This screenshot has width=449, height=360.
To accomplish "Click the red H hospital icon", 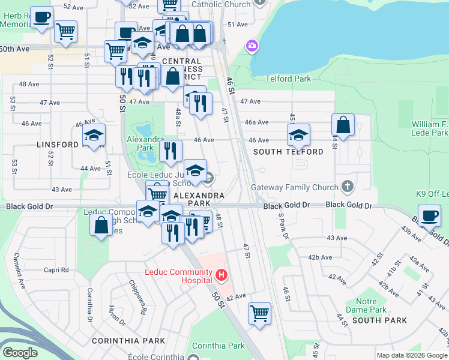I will [221, 275].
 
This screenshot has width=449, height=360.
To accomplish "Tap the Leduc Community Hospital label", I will [178, 271].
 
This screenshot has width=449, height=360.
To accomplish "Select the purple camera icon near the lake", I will [252, 46].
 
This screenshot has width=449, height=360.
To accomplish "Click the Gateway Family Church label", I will [295, 187].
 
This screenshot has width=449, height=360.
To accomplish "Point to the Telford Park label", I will [288, 79].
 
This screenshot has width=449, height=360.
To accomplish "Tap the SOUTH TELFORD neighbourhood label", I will [288, 152].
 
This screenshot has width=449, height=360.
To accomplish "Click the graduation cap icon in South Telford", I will [298, 135].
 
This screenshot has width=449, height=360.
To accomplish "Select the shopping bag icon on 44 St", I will [343, 125].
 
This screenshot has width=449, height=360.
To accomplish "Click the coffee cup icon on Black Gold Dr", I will [430, 215].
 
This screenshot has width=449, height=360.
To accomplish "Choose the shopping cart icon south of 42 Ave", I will [259, 313].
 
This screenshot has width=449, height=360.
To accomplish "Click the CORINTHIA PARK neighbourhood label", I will [128, 341].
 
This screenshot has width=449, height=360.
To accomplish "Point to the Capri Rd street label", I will [56, 270].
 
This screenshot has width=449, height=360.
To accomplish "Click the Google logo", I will [20, 353].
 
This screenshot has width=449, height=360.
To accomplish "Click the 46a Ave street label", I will [255, 122].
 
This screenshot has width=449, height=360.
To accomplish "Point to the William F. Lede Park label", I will [430, 128].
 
